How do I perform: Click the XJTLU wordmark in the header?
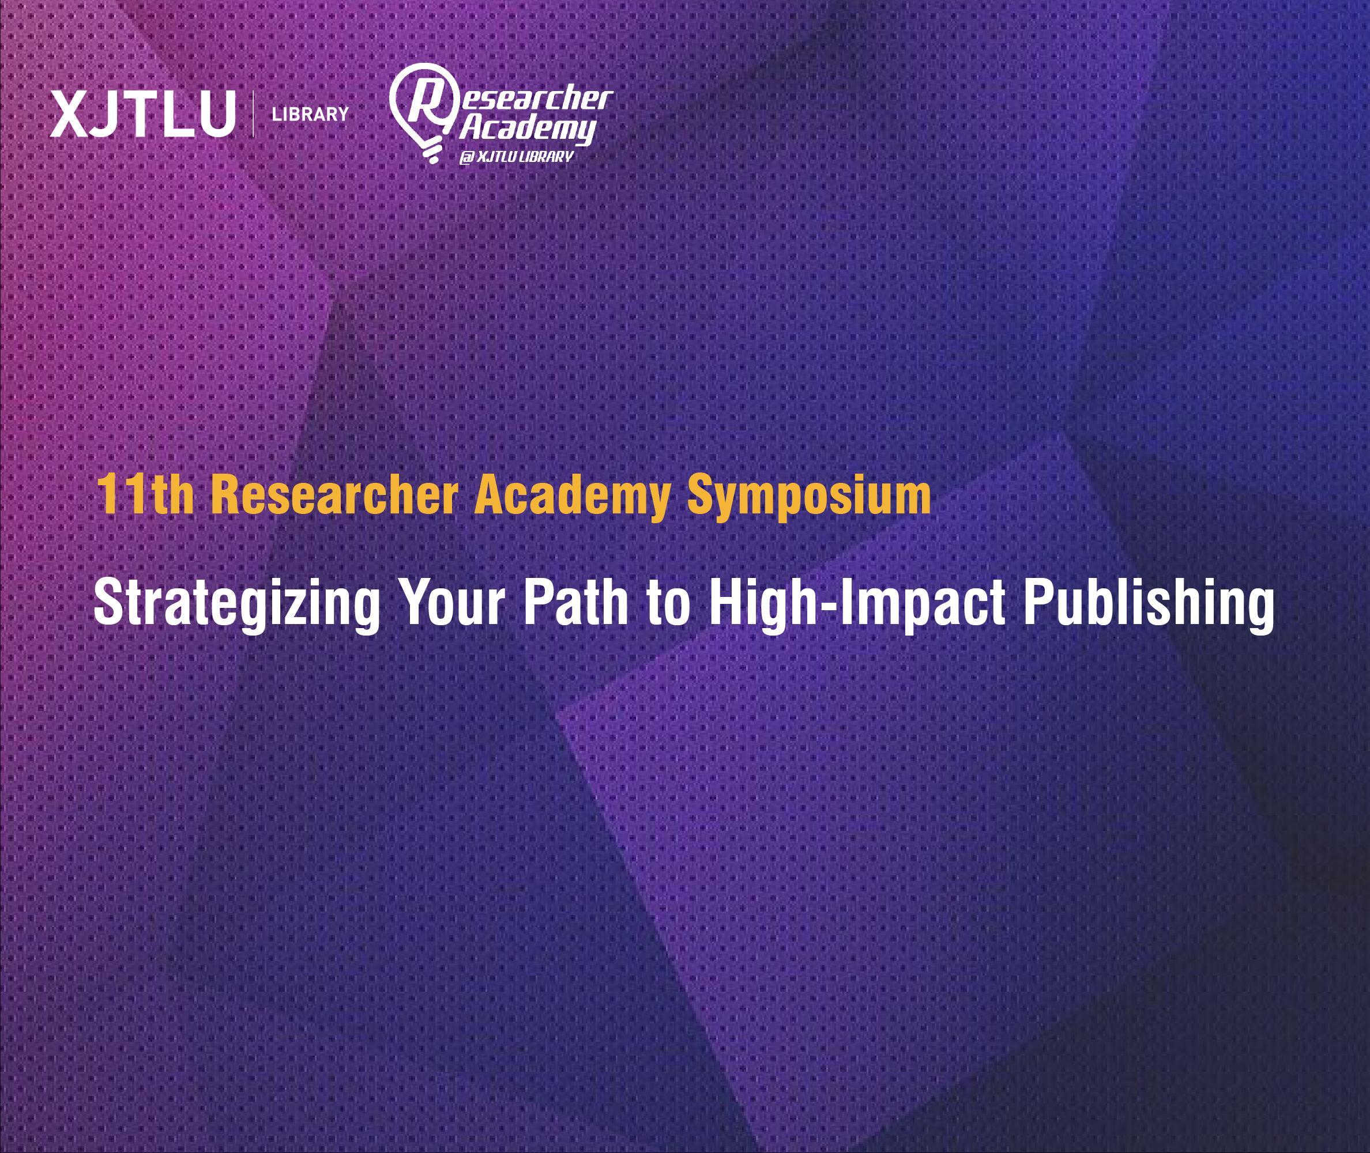[x=142, y=115]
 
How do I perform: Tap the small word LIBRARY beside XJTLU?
[x=310, y=115]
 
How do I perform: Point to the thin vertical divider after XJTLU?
[x=253, y=115]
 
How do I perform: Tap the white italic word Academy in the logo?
[x=527, y=128]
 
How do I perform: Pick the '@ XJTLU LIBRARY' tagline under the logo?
[x=516, y=157]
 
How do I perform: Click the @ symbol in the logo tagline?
[x=465, y=157]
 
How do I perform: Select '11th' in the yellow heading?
[x=145, y=495]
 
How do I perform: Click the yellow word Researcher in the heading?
[x=334, y=495]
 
